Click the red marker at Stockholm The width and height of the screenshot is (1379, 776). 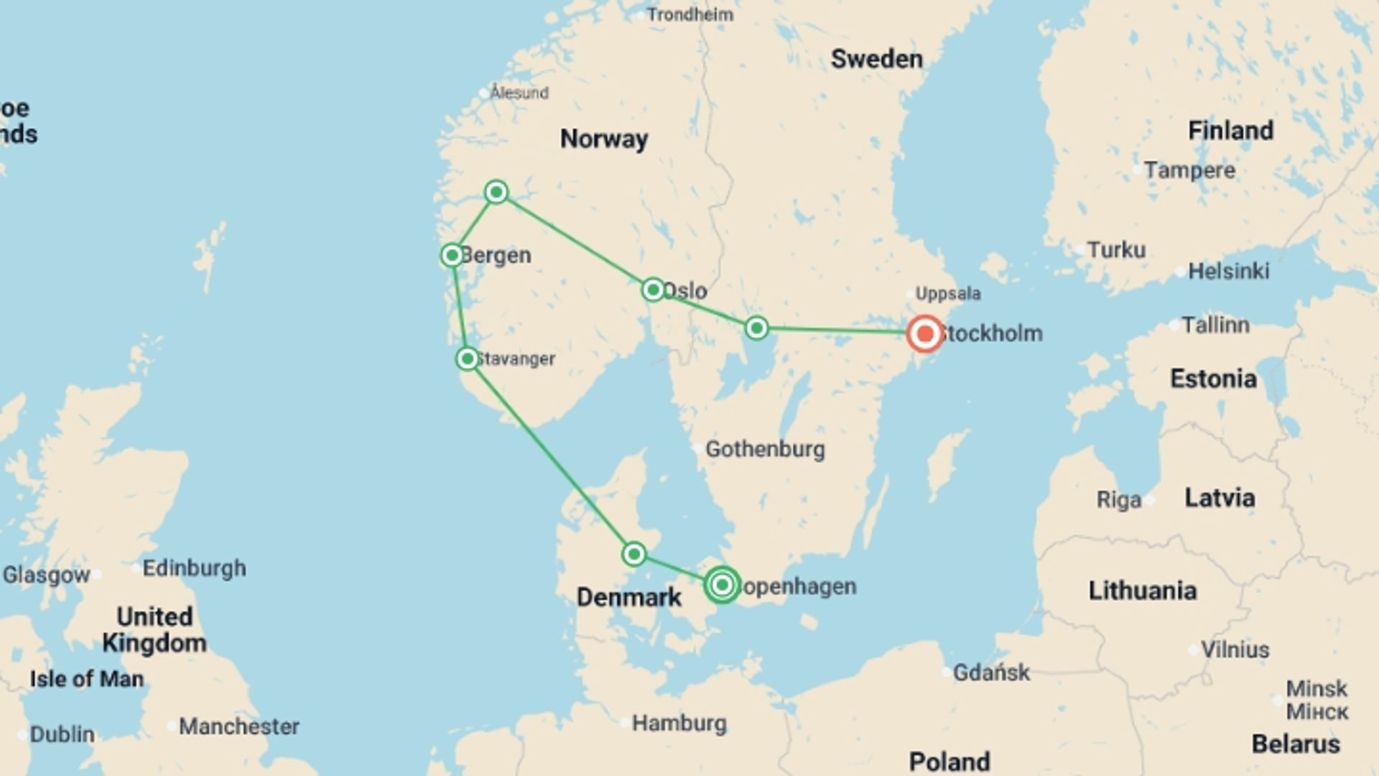[924, 333]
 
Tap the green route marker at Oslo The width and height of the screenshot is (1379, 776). [653, 290]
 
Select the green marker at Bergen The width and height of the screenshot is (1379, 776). [452, 255]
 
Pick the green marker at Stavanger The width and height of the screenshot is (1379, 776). [468, 359]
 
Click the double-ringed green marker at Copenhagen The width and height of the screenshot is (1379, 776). [722, 585]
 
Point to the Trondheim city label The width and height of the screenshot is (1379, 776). [689, 14]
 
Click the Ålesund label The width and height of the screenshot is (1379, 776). [519, 93]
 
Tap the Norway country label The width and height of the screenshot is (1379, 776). [603, 139]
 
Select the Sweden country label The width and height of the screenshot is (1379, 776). [876, 59]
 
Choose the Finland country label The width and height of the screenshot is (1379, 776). [1230, 131]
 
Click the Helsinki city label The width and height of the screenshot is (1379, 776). [1228, 271]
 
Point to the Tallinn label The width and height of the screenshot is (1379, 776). [1215, 325]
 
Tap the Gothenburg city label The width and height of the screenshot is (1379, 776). [765, 449]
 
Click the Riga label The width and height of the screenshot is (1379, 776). [1118, 500]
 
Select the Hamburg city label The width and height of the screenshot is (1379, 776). [679, 723]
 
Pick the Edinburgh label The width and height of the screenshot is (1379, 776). [194, 568]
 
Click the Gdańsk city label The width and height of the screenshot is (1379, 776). [991, 673]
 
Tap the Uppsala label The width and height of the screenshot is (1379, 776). [947, 293]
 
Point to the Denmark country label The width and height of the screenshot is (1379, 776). [628, 597]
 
